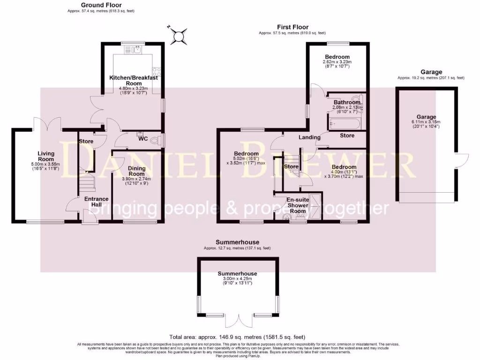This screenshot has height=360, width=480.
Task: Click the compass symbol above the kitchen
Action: [x=179, y=36]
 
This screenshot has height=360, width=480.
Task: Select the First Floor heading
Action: [x=292, y=27]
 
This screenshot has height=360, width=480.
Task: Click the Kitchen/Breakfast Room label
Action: [x=134, y=80]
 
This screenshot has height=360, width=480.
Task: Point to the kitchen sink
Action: [x=134, y=49]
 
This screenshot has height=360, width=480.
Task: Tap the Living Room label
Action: [x=46, y=156]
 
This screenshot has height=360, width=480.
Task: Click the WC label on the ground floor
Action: [x=143, y=139]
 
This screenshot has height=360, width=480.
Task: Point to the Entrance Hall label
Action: [x=96, y=202]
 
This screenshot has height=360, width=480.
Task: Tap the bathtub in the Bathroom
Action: [x=344, y=124]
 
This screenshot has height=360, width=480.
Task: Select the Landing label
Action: [x=309, y=137]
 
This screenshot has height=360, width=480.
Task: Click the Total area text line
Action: [x=240, y=337]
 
